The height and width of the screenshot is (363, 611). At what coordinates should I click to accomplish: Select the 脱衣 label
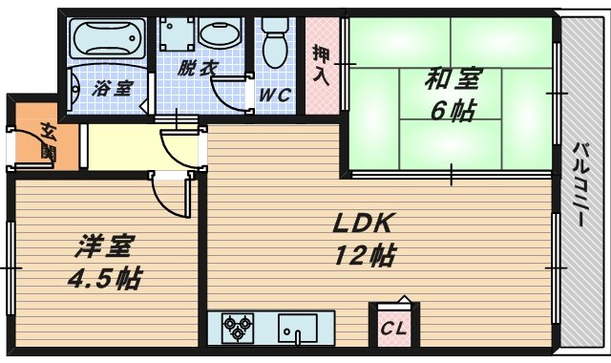coord(199,69)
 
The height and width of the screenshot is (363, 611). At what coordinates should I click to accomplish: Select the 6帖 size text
coord(452,111)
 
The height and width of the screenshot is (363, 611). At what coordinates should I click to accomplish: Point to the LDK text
coord(364,224)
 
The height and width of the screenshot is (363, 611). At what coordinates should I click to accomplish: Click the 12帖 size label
coord(365,255)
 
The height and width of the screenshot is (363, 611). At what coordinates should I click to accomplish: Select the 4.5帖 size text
coord(106,280)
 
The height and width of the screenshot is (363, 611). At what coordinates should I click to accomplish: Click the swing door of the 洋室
coord(172,196)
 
